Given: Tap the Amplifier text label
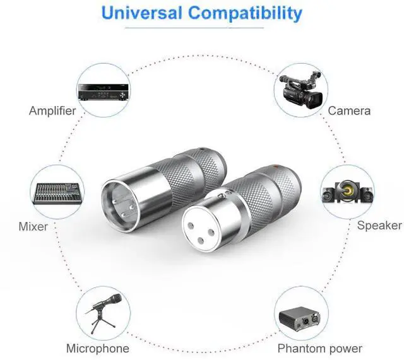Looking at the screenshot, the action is coord(52,111).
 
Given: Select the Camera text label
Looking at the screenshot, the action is coord(349,111).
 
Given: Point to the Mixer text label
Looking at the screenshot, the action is coord(33,226).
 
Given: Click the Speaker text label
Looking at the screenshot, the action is coord(379,226).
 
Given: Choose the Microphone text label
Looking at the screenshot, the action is coord(97,348).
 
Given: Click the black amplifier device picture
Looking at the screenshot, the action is coord(101,91).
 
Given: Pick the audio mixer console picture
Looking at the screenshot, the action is coord(56,193).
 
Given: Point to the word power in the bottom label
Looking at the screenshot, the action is coord(345,348).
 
